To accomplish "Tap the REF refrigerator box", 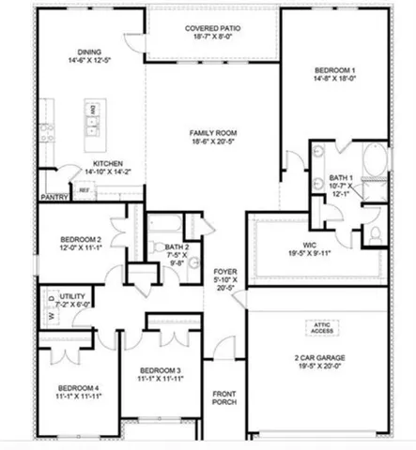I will [x=84, y=190].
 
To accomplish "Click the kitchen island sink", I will [x=93, y=119].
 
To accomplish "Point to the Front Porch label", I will [x=223, y=397].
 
